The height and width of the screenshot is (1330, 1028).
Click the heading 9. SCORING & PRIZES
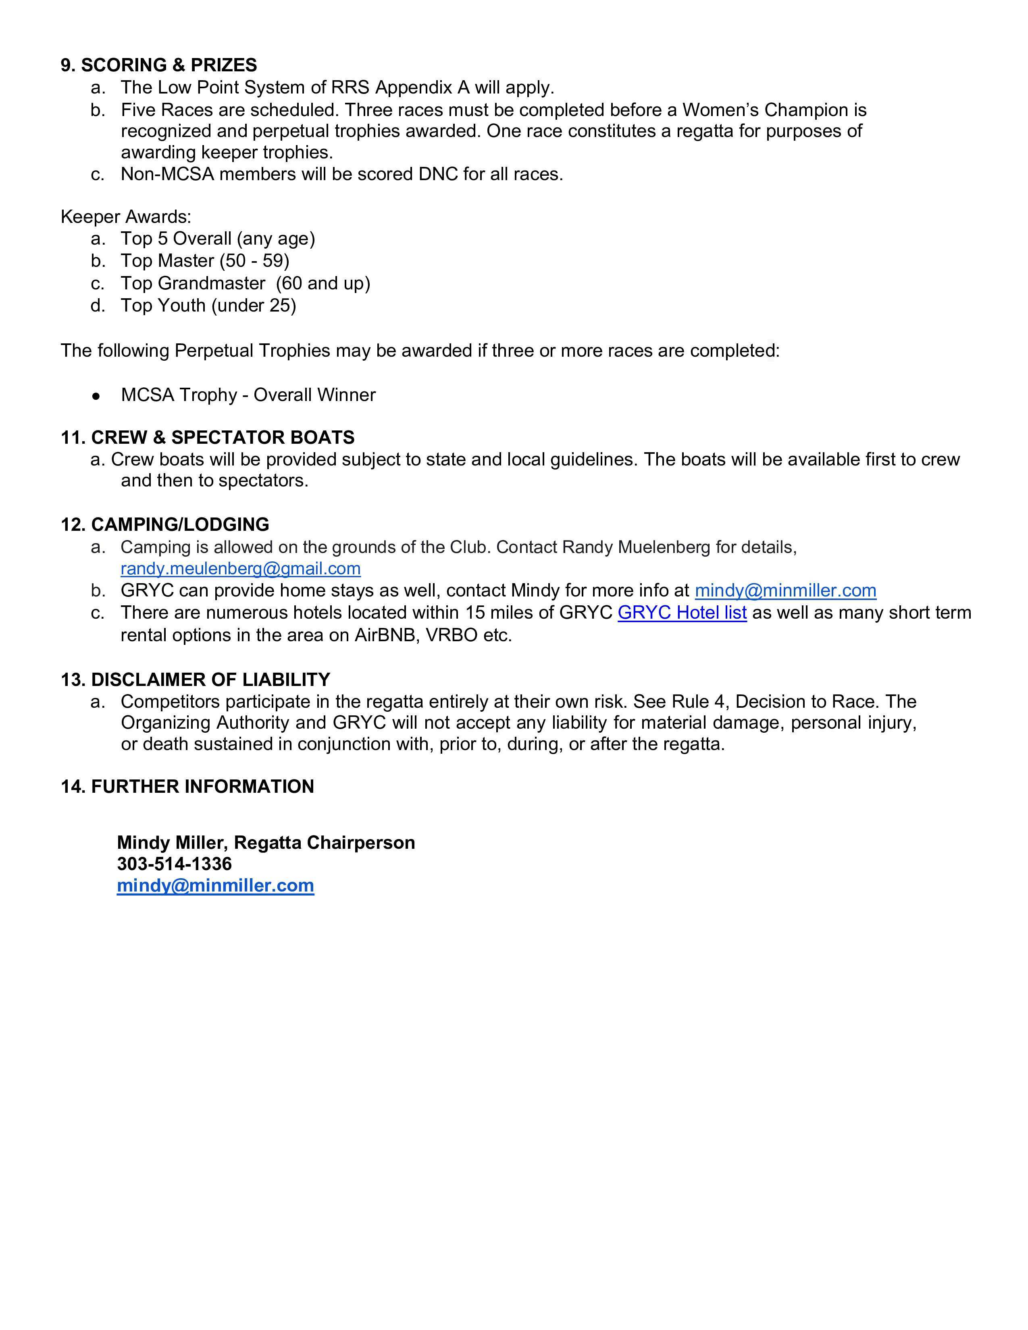click(x=158, y=65)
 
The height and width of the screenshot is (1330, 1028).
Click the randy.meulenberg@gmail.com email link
click(x=241, y=569)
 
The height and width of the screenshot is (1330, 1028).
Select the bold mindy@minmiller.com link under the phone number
click(x=216, y=885)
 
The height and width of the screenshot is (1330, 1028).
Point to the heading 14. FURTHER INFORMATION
click(x=187, y=787)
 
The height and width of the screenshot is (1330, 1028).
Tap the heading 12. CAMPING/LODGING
click(x=164, y=525)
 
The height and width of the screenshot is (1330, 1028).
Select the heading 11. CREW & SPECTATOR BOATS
click(x=207, y=438)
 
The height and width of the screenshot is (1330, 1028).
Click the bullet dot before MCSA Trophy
click(x=96, y=396)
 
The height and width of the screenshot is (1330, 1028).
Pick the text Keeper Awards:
click(x=125, y=217)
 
